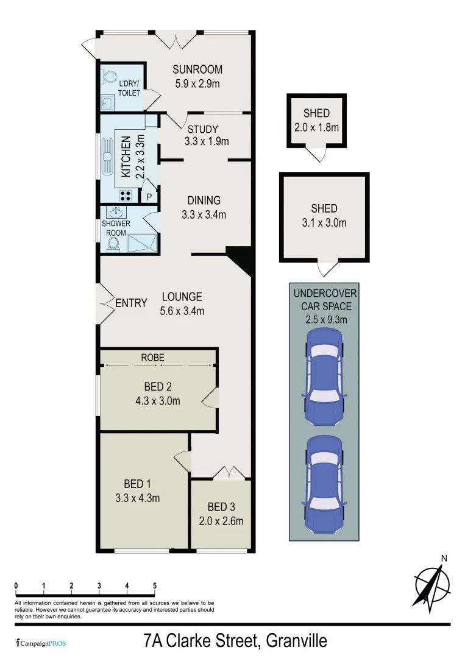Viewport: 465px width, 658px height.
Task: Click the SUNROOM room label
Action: (x=197, y=69)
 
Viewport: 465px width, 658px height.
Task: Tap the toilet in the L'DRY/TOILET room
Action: (x=110, y=77)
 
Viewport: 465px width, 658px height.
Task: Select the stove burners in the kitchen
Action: (x=126, y=196)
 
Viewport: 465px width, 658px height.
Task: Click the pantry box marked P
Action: (x=149, y=197)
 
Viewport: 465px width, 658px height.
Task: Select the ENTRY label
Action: (x=131, y=303)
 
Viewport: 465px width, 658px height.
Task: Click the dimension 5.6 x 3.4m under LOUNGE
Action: (x=182, y=311)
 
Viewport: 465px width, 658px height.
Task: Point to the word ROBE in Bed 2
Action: (x=152, y=358)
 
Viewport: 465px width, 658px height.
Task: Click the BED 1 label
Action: (x=137, y=484)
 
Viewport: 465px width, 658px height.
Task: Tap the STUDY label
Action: (x=202, y=129)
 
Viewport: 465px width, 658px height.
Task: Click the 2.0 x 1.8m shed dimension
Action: (x=316, y=127)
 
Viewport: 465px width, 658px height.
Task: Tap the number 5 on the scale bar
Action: (x=154, y=586)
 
